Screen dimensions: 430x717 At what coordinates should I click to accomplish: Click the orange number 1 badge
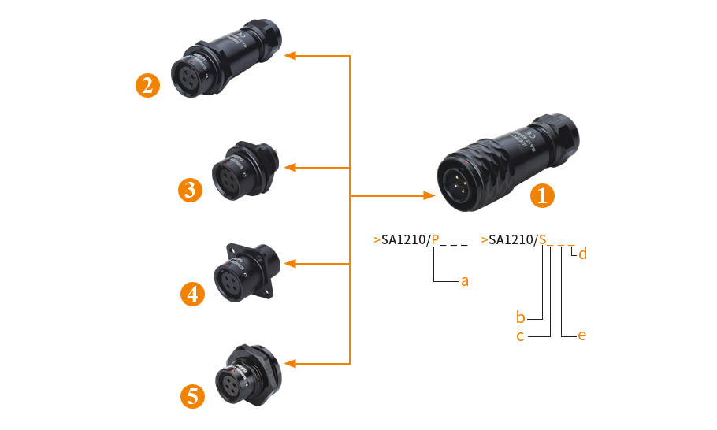tap(541, 196)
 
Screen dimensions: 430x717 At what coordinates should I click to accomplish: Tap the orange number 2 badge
tap(147, 85)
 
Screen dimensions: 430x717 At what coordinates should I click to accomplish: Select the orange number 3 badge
tap(191, 190)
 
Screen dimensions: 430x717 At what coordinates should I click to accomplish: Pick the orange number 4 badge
tap(192, 295)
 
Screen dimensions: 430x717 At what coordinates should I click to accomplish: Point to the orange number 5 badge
tap(193, 396)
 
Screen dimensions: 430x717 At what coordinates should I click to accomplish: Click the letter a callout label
tap(465, 280)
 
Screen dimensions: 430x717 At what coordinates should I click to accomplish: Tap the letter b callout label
tap(520, 318)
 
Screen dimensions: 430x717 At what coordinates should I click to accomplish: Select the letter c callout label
tap(520, 336)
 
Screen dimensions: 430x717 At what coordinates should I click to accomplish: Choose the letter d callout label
tap(582, 254)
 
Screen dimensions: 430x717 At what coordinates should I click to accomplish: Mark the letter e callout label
tap(582, 335)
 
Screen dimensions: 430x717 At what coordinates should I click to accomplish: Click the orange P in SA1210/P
tap(435, 239)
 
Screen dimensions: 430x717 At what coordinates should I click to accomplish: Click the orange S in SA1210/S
tap(542, 239)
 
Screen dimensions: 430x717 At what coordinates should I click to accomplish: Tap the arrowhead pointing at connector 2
tap(290, 56)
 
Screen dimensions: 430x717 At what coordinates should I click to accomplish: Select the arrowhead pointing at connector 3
tap(290, 168)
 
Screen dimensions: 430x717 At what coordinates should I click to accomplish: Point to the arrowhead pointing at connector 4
tap(290, 262)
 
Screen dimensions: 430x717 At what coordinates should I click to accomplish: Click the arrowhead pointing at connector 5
tap(290, 363)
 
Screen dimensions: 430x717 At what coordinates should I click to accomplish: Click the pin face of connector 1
tap(459, 187)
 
